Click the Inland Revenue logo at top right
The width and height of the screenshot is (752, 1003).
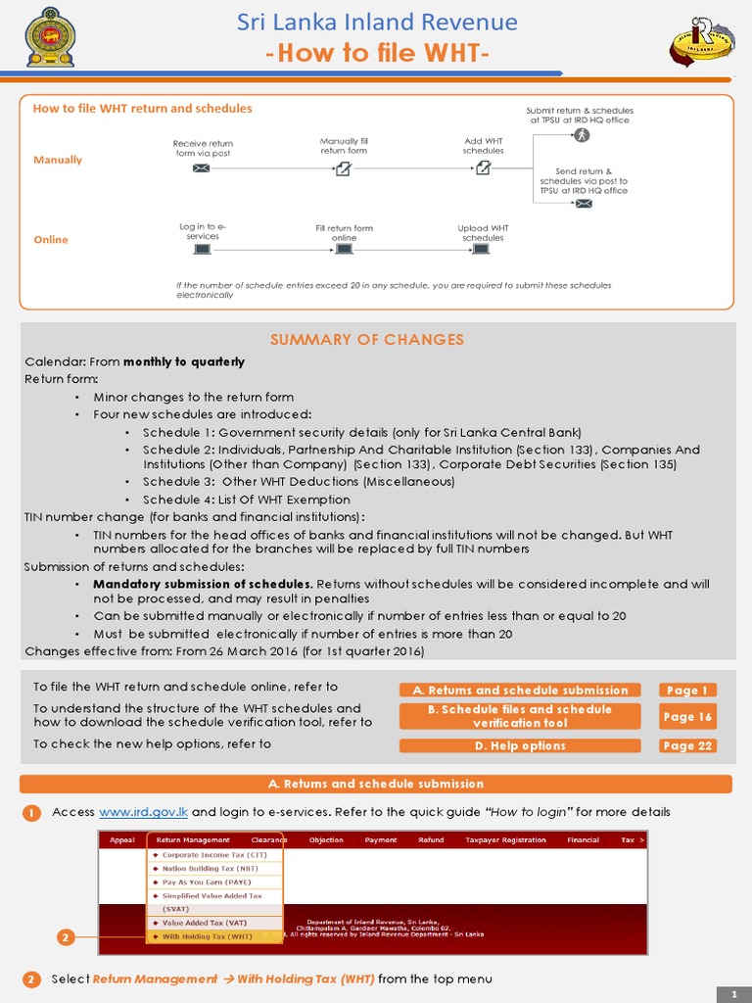(703, 40)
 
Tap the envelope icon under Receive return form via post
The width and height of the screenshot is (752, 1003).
(202, 168)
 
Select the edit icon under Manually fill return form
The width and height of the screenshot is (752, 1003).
(343, 168)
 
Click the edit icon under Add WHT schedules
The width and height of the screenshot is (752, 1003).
(483, 168)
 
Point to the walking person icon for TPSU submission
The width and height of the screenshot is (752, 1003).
(582, 135)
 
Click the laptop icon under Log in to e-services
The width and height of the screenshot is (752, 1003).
(202, 249)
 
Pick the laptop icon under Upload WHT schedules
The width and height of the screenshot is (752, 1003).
(483, 249)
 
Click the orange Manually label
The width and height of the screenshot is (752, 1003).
(58, 160)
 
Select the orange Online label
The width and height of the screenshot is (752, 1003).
(51, 240)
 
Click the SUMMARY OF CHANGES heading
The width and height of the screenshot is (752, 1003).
(366, 340)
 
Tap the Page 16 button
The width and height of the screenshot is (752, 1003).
(686, 717)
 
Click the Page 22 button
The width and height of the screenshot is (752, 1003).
(686, 746)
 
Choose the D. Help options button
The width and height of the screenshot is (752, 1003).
(520, 746)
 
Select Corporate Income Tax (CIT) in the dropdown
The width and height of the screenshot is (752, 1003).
(213, 855)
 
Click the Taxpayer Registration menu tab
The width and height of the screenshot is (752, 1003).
(505, 840)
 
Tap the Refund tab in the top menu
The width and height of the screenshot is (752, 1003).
(431, 840)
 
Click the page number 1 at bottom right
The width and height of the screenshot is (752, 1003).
(732, 994)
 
